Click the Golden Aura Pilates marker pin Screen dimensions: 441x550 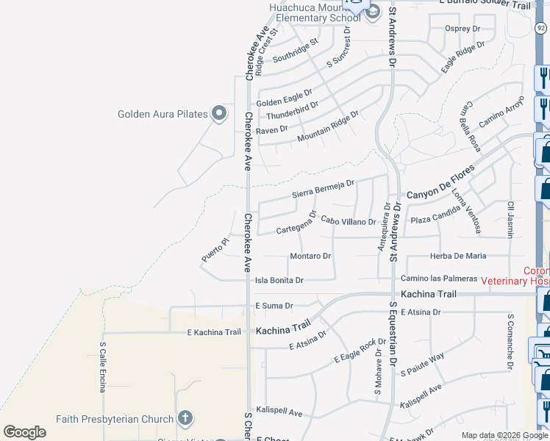(x=218, y=113)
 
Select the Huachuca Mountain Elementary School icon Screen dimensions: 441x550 (x=373, y=11)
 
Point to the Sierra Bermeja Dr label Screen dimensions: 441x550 (x=324, y=189)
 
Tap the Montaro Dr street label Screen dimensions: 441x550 (x=310, y=256)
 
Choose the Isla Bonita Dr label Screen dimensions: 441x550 (x=279, y=280)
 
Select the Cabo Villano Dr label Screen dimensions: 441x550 (x=349, y=221)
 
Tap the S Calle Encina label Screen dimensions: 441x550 (x=103, y=367)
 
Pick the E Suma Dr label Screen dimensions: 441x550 (x=274, y=305)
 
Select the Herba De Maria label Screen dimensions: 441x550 (x=457, y=256)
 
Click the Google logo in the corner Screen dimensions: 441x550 (x=24, y=432)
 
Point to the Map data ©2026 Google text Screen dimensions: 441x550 (x=504, y=435)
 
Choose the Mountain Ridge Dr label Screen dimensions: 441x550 (x=328, y=127)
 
